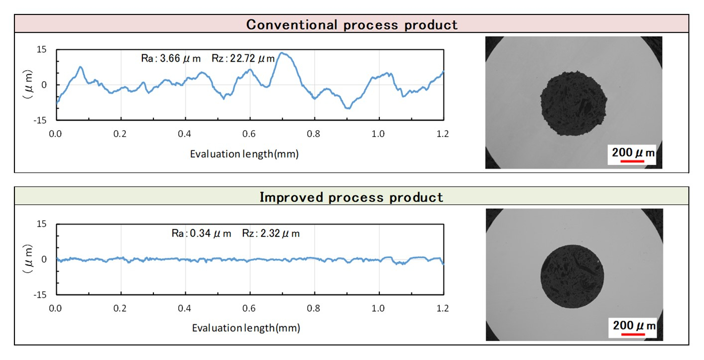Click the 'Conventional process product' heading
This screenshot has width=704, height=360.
click(352, 25)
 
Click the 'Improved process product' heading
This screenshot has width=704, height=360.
click(352, 197)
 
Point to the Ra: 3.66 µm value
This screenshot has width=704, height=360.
click(171, 59)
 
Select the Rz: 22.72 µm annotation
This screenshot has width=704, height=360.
click(243, 59)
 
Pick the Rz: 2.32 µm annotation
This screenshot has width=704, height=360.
click(271, 234)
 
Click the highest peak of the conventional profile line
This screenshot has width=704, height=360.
click(283, 53)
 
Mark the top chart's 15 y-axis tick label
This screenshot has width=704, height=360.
click(41, 49)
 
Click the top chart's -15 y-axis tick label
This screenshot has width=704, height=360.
click(40, 120)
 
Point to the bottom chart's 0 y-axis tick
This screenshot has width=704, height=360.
click(44, 259)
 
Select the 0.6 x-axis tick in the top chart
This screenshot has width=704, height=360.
click(249, 133)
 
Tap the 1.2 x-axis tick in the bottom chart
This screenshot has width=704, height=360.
click(443, 308)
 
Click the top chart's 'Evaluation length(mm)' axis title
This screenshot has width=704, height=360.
click(244, 154)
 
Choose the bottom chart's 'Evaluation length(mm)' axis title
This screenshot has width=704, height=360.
click(246, 328)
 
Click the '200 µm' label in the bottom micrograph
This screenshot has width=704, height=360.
click(634, 326)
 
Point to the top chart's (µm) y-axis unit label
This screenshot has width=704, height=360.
click(28, 85)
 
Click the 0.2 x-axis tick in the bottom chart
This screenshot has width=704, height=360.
click(120, 308)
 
